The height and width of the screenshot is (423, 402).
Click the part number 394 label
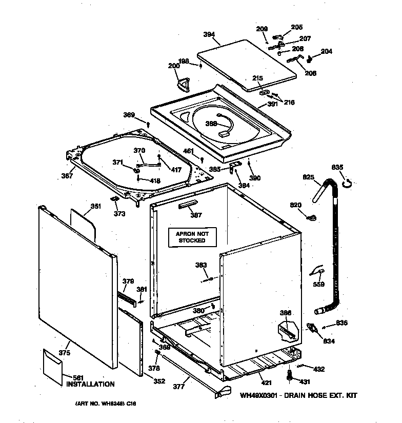[x=209, y=35]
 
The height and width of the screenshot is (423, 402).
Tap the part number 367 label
[x=67, y=175]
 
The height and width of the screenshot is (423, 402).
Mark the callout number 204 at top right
[x=326, y=51]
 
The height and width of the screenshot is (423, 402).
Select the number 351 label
[x=95, y=207]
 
